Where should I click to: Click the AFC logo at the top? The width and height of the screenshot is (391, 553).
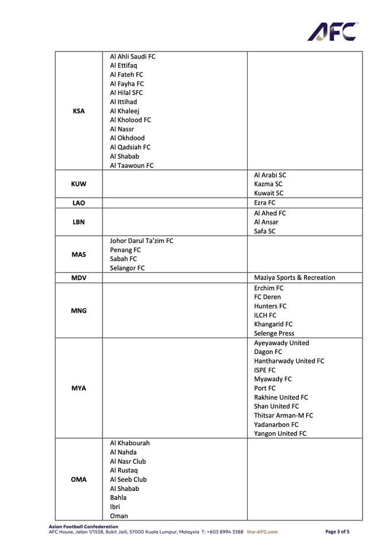tap(332, 31)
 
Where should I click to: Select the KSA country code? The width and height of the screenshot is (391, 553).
tap(78, 111)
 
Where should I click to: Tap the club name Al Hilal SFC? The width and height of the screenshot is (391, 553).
tap(126, 93)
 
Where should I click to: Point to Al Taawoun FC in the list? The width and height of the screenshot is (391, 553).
tap(132, 166)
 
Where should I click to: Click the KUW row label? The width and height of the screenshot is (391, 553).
tap(78, 184)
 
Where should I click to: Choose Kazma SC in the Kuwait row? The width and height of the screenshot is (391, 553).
tap(268, 184)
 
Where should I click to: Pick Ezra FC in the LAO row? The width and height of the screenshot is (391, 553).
tap(265, 202)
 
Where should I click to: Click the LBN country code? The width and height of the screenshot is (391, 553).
tap(78, 222)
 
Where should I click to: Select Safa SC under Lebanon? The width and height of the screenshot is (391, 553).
tap(265, 232)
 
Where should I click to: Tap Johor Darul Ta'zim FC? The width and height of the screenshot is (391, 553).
tap(142, 241)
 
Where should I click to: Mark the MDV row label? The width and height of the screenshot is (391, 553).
tap(78, 278)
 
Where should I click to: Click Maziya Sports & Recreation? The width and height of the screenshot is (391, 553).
tap(294, 278)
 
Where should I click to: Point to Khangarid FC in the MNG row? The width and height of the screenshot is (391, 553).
tap(273, 324)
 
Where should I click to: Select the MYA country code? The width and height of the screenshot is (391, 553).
tap(78, 388)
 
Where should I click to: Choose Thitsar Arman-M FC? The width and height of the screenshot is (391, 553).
tap(284, 416)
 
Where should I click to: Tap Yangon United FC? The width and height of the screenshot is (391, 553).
tap(280, 434)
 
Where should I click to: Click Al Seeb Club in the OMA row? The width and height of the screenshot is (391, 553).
tap(128, 480)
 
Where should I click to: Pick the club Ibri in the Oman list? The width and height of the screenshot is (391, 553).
tap(115, 507)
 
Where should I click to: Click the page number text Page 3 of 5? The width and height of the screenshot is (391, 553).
tap(338, 532)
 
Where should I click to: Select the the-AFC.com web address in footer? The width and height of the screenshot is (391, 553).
tap(262, 532)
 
